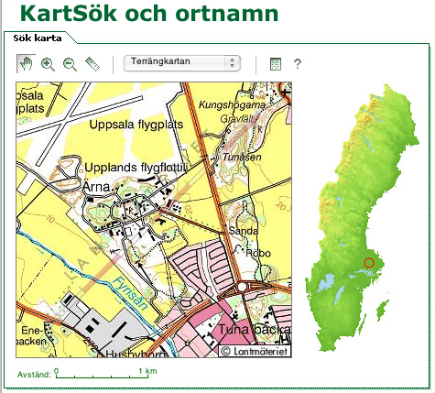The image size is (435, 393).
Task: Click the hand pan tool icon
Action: [x=26, y=64]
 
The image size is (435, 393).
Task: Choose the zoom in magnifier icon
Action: [x=48, y=64]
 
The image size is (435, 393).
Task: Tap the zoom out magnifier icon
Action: [x=70, y=64]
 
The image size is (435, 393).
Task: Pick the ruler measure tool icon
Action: [x=92, y=64]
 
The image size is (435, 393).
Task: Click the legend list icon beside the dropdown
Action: [x=275, y=64]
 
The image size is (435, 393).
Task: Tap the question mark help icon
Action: [x=297, y=64]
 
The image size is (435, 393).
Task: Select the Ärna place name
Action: [x=95, y=186]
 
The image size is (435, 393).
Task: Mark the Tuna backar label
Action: [x=255, y=329]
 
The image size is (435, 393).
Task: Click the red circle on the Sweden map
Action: [x=369, y=263]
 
